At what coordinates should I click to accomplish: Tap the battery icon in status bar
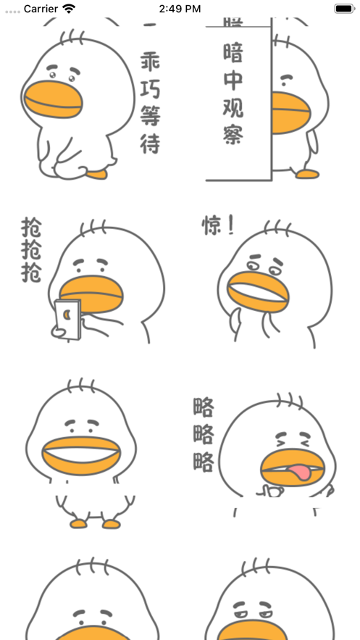click(x=343, y=9)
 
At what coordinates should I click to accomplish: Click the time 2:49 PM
click(x=180, y=9)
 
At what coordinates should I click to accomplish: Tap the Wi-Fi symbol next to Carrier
click(x=69, y=9)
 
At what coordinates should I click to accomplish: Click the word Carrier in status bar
click(x=41, y=9)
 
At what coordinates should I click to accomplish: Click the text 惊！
click(x=218, y=226)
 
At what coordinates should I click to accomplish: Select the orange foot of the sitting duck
click(x=96, y=174)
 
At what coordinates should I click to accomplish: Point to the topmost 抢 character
click(x=31, y=230)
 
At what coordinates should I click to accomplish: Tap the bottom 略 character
click(x=204, y=461)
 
